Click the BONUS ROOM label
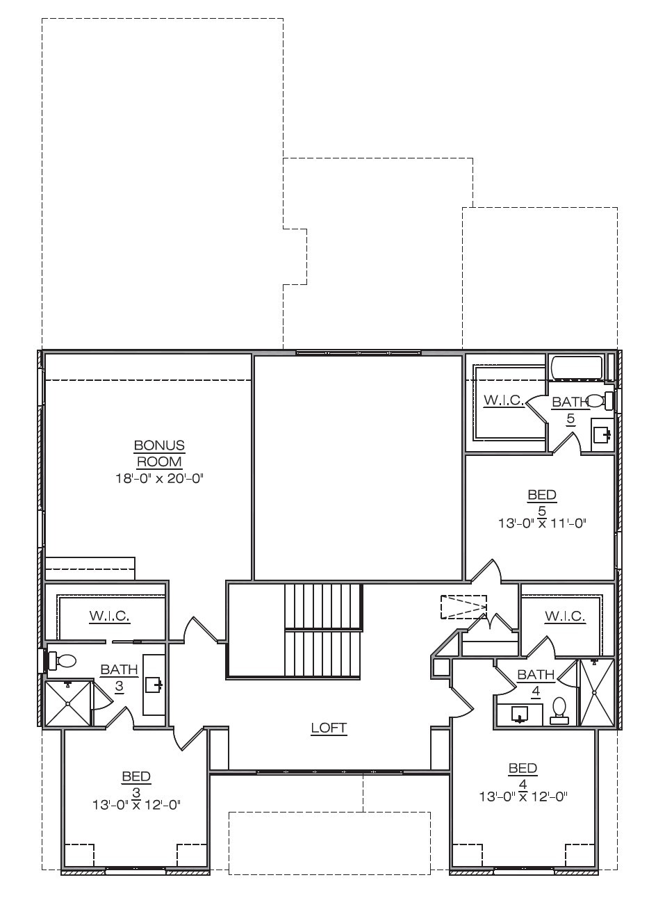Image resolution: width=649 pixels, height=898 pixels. point(159,453)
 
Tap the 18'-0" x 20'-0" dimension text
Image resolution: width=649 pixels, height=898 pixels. point(160,478)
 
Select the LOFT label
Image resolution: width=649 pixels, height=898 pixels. point(329,728)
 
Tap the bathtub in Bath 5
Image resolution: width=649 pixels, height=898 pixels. point(577,367)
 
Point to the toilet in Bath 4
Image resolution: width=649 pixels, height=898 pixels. point(559,712)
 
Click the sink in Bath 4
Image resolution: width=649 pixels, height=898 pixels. point(520,714)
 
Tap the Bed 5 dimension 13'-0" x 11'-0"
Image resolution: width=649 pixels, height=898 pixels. point(543,523)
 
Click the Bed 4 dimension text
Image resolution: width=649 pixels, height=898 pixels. point(523,796)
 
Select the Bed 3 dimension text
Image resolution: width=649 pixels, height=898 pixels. point(137,804)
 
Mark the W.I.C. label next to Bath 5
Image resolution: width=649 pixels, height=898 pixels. point(504,400)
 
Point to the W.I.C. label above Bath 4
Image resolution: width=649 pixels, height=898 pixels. point(565,617)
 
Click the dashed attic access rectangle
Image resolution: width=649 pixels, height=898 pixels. point(463,607)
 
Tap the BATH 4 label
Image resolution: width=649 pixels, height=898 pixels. point(536,683)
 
